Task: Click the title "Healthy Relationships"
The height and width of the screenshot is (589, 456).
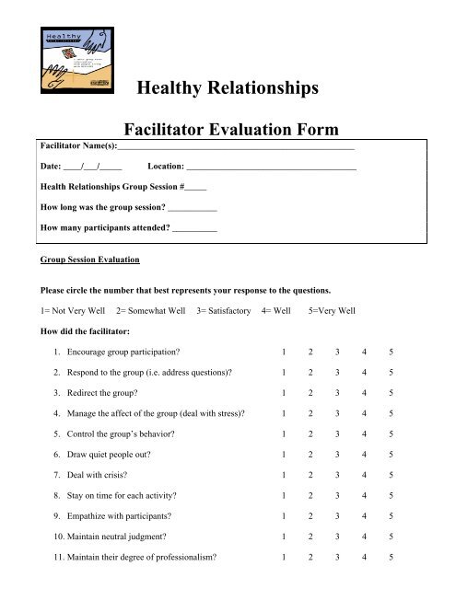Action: coord(227,88)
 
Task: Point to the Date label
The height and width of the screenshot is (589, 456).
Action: coord(52,167)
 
